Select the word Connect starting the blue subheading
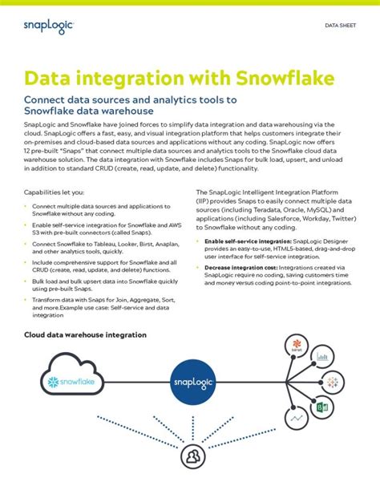pos(46,100)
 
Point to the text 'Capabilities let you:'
pos(53,193)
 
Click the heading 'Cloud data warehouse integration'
pos(85,334)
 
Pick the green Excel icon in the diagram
pos(317,408)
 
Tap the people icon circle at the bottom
pos(193,459)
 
